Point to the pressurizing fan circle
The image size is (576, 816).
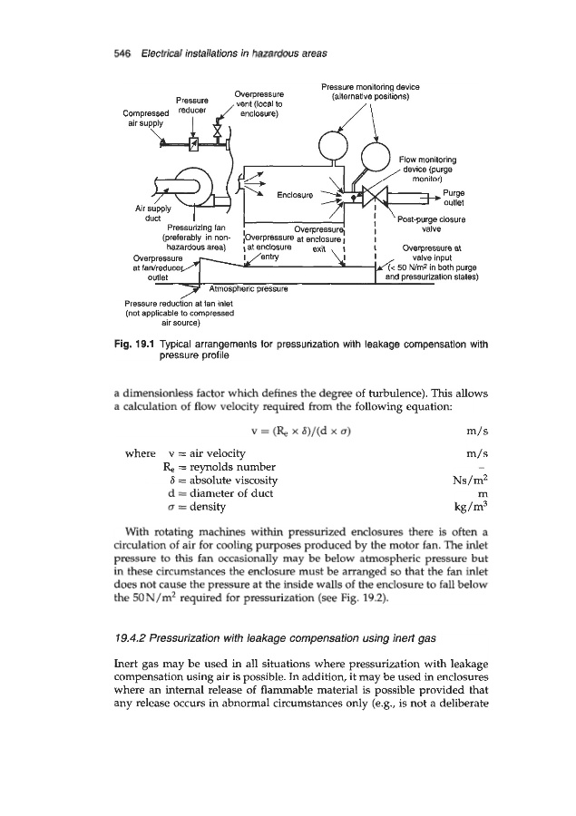pyautogui.click(x=193, y=184)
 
